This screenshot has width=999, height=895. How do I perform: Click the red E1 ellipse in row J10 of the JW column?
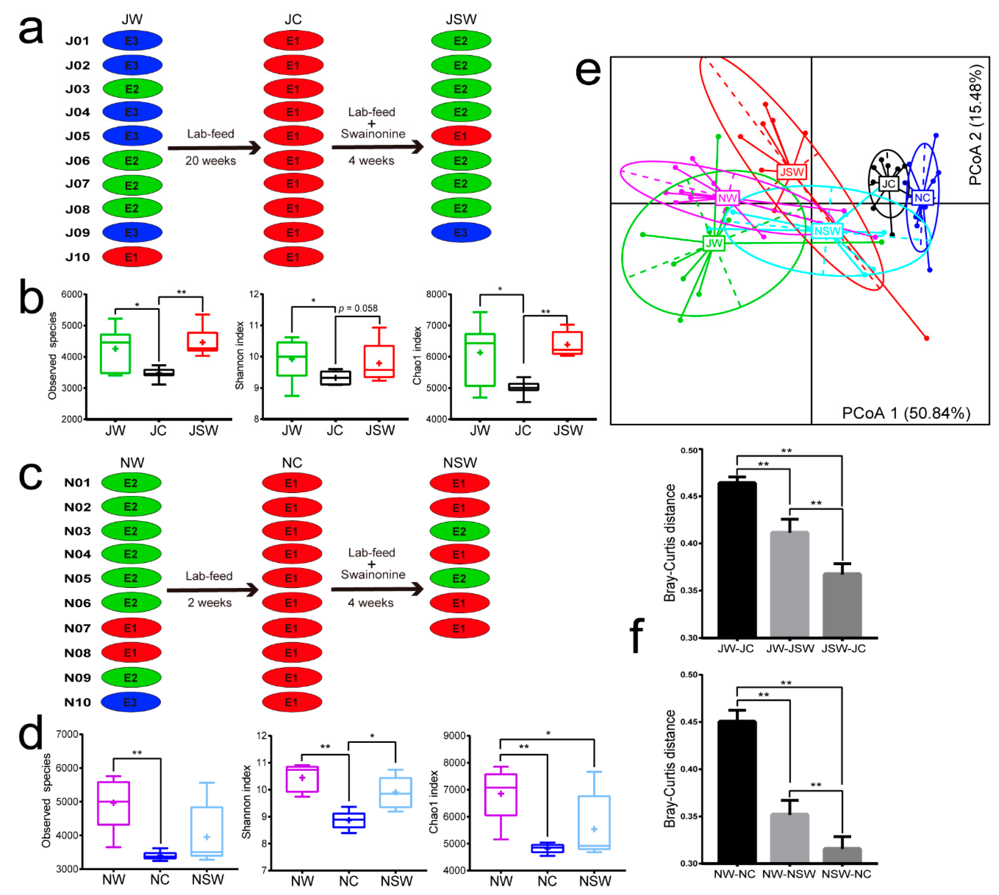[x=132, y=257]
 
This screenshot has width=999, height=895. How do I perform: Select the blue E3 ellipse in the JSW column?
[x=460, y=233]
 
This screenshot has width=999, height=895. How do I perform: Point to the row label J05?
[x=78, y=136]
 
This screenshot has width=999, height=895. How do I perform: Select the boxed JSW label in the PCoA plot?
[x=791, y=172]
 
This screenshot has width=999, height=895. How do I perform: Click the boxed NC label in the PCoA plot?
[x=922, y=198]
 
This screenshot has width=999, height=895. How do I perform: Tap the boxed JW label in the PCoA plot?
[x=714, y=243]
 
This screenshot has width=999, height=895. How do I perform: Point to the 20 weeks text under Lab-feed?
[x=210, y=161]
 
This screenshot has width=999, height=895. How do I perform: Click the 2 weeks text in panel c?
[x=209, y=603]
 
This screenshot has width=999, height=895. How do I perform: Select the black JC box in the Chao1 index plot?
[x=523, y=387]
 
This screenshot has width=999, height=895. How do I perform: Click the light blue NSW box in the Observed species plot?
[x=206, y=831]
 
